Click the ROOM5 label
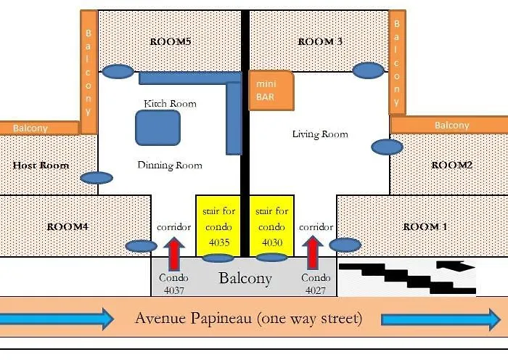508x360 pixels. pyautogui.click(x=170, y=41)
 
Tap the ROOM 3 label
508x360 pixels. pyautogui.click(x=320, y=41)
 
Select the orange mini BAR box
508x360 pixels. pyautogui.click(x=271, y=91)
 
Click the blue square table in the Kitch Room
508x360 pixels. pyautogui.click(x=157, y=128)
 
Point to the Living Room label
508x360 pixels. pyautogui.click(x=320, y=134)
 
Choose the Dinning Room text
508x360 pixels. pyautogui.click(x=170, y=165)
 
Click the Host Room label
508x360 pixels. pyautogui.click(x=41, y=165)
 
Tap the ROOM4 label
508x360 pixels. pyautogui.click(x=67, y=226)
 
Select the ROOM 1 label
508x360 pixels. pyautogui.click(x=425, y=226)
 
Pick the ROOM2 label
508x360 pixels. pyautogui.click(x=452, y=165)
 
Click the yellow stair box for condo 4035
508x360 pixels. pyautogui.click(x=218, y=224)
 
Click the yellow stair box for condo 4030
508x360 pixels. pyautogui.click(x=272, y=224)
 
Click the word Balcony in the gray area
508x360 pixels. pyautogui.click(x=245, y=278)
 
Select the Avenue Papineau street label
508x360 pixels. pyautogui.click(x=248, y=319)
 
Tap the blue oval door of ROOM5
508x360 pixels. pyautogui.click(x=118, y=71)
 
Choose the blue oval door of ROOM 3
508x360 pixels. pyautogui.click(x=369, y=70)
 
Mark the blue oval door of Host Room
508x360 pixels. pyautogui.click(x=97, y=178)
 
